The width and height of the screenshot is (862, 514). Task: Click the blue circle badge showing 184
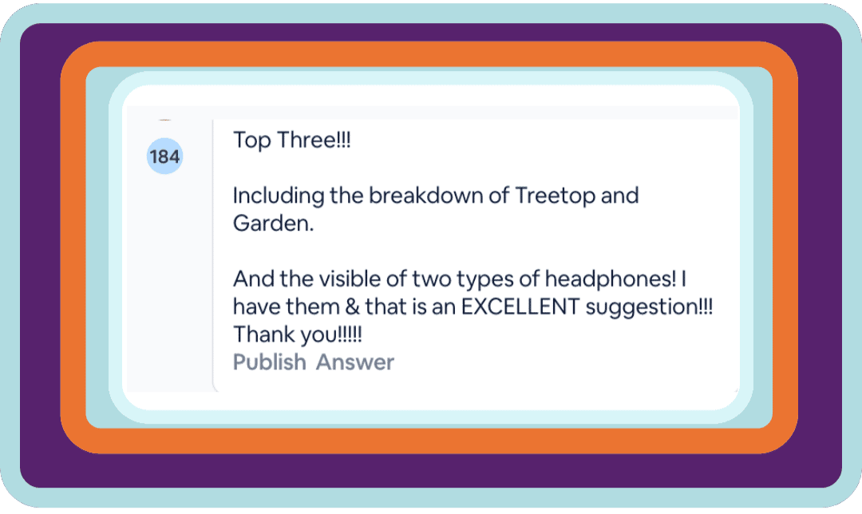point(164,156)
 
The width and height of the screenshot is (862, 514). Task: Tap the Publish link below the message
point(270,362)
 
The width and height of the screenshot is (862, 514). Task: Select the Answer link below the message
point(355,362)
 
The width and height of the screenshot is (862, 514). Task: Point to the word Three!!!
point(314,140)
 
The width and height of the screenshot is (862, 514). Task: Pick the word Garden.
point(273,223)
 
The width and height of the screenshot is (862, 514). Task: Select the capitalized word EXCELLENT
point(520,306)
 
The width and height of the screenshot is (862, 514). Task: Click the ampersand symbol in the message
point(353,306)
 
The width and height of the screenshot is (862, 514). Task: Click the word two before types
point(432,279)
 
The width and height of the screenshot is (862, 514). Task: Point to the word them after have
point(313,306)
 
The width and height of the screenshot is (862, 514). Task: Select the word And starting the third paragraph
point(254,279)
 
